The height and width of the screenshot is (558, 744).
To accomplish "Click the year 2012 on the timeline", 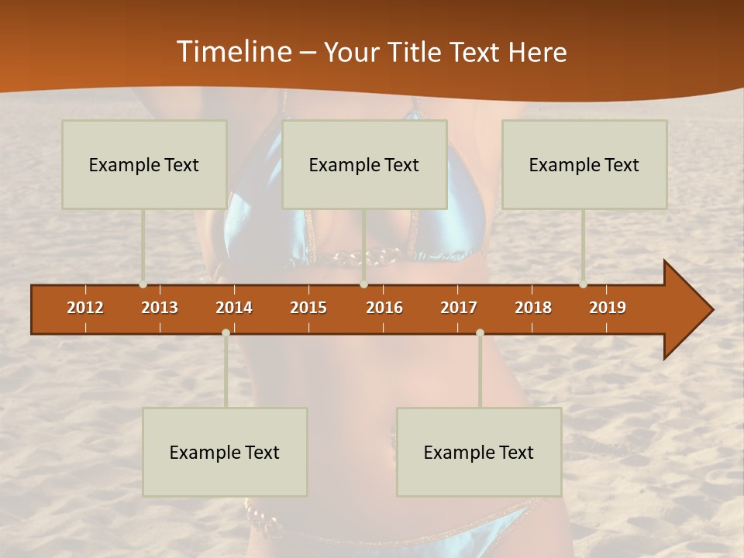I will coord(85,308).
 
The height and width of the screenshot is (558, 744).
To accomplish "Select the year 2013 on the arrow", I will coord(160,308).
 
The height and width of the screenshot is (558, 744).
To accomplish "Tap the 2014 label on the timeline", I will coord(234,308).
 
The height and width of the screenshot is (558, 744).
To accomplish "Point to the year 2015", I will coord(308,308).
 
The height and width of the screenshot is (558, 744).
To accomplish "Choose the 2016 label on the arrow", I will coord(384,308).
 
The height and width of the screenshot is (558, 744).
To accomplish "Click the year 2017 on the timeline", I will coord(459,308).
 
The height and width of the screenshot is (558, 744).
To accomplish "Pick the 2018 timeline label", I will coord(533,308).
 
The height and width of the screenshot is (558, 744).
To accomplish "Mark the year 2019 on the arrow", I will coord(608,308).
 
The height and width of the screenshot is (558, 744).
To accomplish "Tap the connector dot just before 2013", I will coord(143,284).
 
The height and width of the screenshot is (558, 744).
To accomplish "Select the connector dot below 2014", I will coord(226,333).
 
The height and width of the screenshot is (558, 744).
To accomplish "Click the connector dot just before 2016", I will coord(363,284).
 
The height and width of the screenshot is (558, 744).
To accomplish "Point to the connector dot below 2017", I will coord(480,333).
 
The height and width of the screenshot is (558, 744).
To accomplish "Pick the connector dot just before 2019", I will coord(583,284).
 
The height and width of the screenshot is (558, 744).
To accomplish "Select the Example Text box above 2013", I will coord(144,165).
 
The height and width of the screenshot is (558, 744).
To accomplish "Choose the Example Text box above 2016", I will coord(364,165).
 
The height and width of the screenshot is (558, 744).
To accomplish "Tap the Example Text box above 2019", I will coord(584,165).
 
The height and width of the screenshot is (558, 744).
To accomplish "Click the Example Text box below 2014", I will coord(225,452).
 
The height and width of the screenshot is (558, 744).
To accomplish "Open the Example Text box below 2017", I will coord(479,452).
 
